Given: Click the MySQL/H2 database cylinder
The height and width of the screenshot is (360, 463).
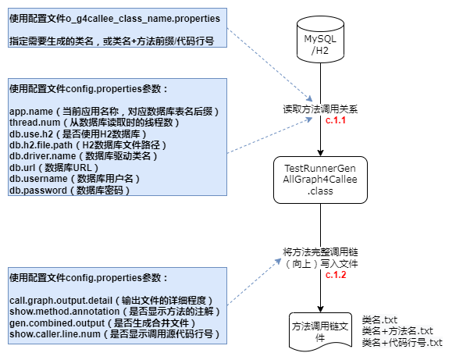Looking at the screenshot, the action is coord(320,39).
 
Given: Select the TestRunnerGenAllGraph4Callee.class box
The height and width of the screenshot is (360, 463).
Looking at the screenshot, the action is coord(320,180).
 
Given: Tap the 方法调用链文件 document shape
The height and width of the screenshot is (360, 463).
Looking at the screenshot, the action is coord(320,332).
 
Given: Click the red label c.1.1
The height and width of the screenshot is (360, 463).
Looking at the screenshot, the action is coord(336,120).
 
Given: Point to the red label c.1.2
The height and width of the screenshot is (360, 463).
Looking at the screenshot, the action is coord(336,275).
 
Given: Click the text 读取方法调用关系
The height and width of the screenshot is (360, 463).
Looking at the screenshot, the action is coord(320,109).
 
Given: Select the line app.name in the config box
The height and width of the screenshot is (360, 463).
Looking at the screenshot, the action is coord(114,112).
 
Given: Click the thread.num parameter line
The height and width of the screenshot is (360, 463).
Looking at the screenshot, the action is coord(94,123).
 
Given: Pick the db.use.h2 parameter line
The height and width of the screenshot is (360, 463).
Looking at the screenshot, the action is coord(78,134).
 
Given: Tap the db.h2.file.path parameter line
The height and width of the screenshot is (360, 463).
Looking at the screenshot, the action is coord(87,145).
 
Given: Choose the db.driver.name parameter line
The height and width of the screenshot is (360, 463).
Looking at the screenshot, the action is coord(84,156).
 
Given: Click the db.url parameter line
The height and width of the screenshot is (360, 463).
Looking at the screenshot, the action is coord(54,168).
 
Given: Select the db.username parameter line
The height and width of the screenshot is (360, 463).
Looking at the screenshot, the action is coord(74,179).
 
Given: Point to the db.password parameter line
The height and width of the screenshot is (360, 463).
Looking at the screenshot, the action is coord(69,191).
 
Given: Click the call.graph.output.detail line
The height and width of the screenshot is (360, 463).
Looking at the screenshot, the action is coord(111,301).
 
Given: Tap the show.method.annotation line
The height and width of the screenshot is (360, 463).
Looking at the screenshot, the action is coord(115,312).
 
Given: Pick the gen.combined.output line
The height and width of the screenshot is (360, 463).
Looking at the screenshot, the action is coord(102,323).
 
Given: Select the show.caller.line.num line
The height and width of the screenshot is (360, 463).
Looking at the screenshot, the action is coord(114,334).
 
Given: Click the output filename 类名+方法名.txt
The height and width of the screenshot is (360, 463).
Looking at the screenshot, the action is coord(397,331).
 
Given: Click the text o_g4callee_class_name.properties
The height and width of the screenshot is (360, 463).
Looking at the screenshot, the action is coord(143,19).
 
